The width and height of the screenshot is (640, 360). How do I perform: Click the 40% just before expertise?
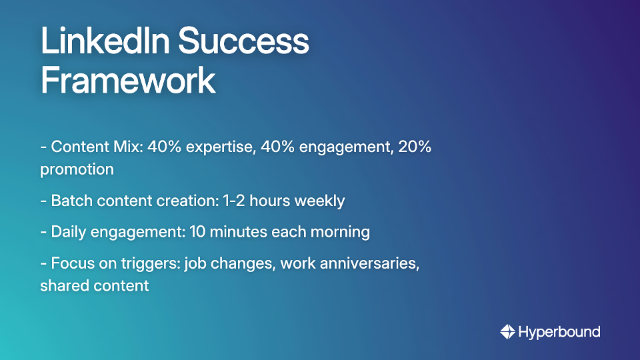(x=165, y=147)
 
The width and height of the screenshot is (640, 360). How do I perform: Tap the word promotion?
(x=77, y=169)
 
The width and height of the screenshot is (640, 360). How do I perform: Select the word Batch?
(x=71, y=201)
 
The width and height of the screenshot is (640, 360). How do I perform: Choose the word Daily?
(x=69, y=232)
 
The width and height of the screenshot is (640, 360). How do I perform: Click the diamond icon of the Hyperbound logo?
(x=507, y=331)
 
